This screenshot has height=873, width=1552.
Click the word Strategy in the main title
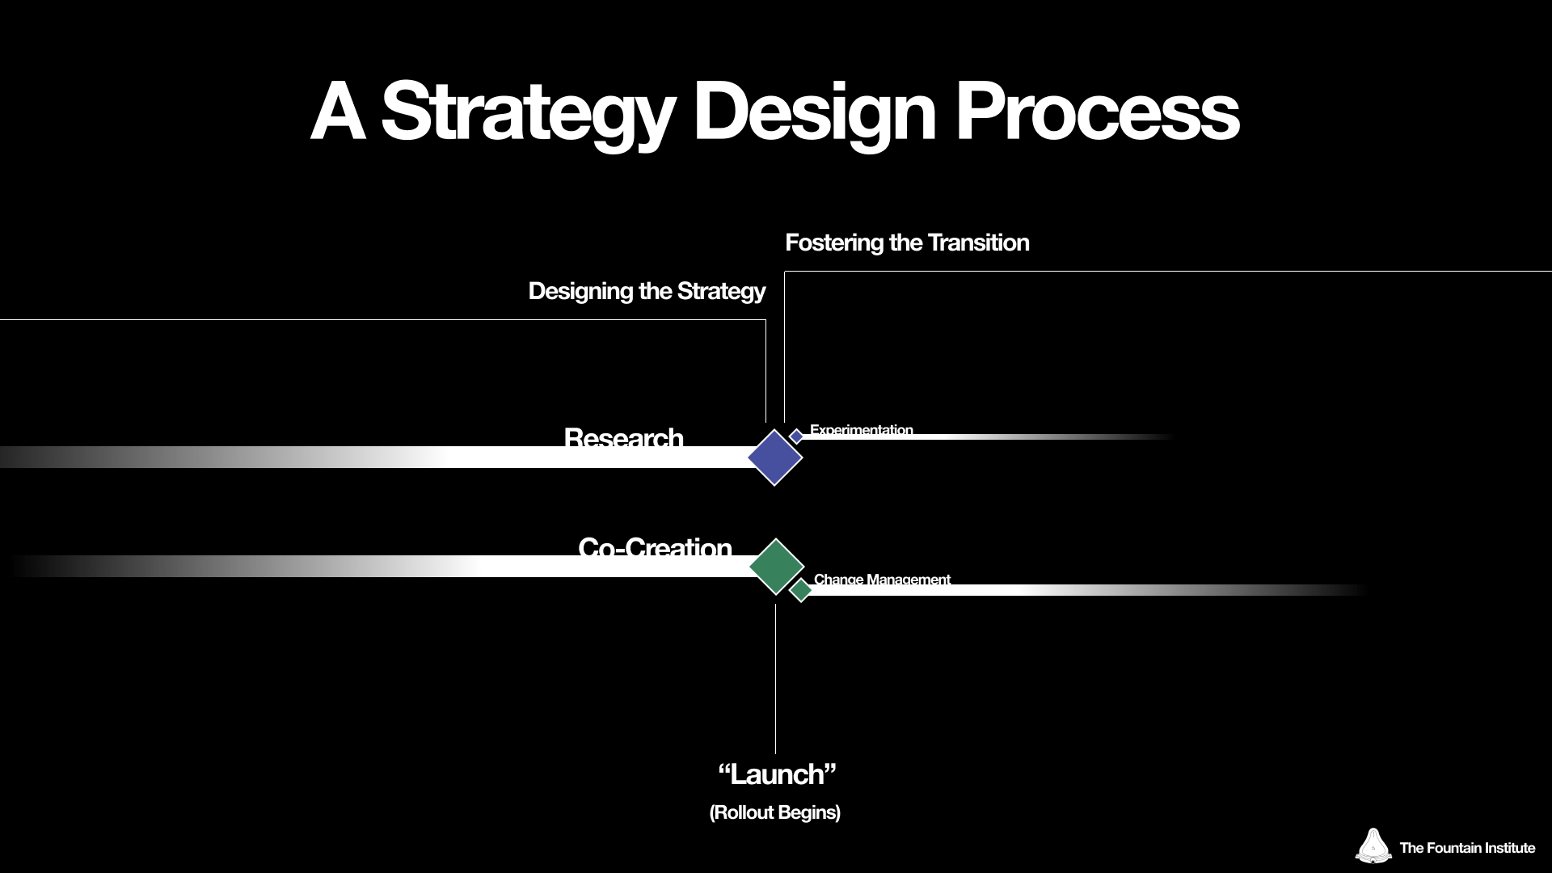(527, 113)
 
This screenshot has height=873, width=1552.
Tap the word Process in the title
(1097, 113)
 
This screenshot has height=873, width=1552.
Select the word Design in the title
(814, 113)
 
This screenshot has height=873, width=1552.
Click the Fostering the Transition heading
(907, 242)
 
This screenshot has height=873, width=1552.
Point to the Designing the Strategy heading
(647, 291)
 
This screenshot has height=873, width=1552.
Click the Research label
(623, 437)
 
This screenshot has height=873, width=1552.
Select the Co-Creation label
(655, 547)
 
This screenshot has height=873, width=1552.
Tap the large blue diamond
(774, 458)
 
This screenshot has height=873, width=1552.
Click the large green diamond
(776, 567)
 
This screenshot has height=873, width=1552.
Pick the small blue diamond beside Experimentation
(796, 436)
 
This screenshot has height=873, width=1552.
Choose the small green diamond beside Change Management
(800, 590)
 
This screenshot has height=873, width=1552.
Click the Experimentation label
(861, 429)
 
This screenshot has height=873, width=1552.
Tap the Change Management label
(882, 579)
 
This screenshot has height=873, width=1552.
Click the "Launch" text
(776, 774)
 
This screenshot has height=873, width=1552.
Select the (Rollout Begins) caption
(774, 812)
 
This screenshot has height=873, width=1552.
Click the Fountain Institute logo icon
(1373, 846)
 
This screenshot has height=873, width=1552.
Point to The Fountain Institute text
(1466, 848)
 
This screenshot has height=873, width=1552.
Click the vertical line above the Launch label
(775, 679)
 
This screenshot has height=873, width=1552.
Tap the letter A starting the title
(337, 113)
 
